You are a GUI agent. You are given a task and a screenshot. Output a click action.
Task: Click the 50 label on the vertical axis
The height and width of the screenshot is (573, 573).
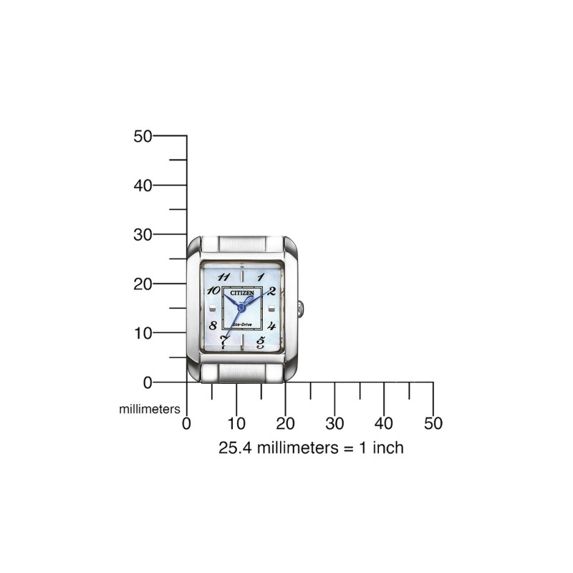click(x=143, y=136)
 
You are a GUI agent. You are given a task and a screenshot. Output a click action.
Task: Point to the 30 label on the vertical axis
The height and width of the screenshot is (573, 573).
click(x=143, y=235)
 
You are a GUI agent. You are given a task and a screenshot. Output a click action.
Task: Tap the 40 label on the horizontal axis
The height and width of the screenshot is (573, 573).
click(x=384, y=423)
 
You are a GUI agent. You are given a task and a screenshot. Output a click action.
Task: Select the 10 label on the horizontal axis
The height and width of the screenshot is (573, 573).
click(x=236, y=423)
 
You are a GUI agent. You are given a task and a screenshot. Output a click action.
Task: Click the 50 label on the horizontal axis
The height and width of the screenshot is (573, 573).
click(x=433, y=423)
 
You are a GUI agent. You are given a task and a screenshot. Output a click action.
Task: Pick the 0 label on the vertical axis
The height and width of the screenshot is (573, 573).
click(x=148, y=382)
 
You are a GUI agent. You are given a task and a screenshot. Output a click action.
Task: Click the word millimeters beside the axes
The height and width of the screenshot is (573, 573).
click(x=149, y=409)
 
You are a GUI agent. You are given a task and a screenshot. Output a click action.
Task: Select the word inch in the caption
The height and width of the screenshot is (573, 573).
click(x=387, y=448)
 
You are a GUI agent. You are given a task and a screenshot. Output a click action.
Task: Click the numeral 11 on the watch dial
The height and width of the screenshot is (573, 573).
click(x=223, y=276)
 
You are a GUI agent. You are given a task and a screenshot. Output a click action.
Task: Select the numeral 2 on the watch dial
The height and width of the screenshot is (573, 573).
click(x=271, y=291)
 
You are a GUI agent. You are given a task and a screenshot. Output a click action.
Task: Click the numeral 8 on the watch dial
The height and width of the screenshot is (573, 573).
click(x=213, y=324)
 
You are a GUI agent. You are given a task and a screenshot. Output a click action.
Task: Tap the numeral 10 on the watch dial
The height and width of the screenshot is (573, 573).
click(x=213, y=291)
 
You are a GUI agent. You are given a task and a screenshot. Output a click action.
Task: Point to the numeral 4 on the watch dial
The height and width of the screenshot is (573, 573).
click(x=271, y=324)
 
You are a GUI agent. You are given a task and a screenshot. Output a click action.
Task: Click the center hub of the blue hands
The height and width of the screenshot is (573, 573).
click(x=241, y=307)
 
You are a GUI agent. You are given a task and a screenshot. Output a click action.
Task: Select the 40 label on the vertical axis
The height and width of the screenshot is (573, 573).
click(x=143, y=186)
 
